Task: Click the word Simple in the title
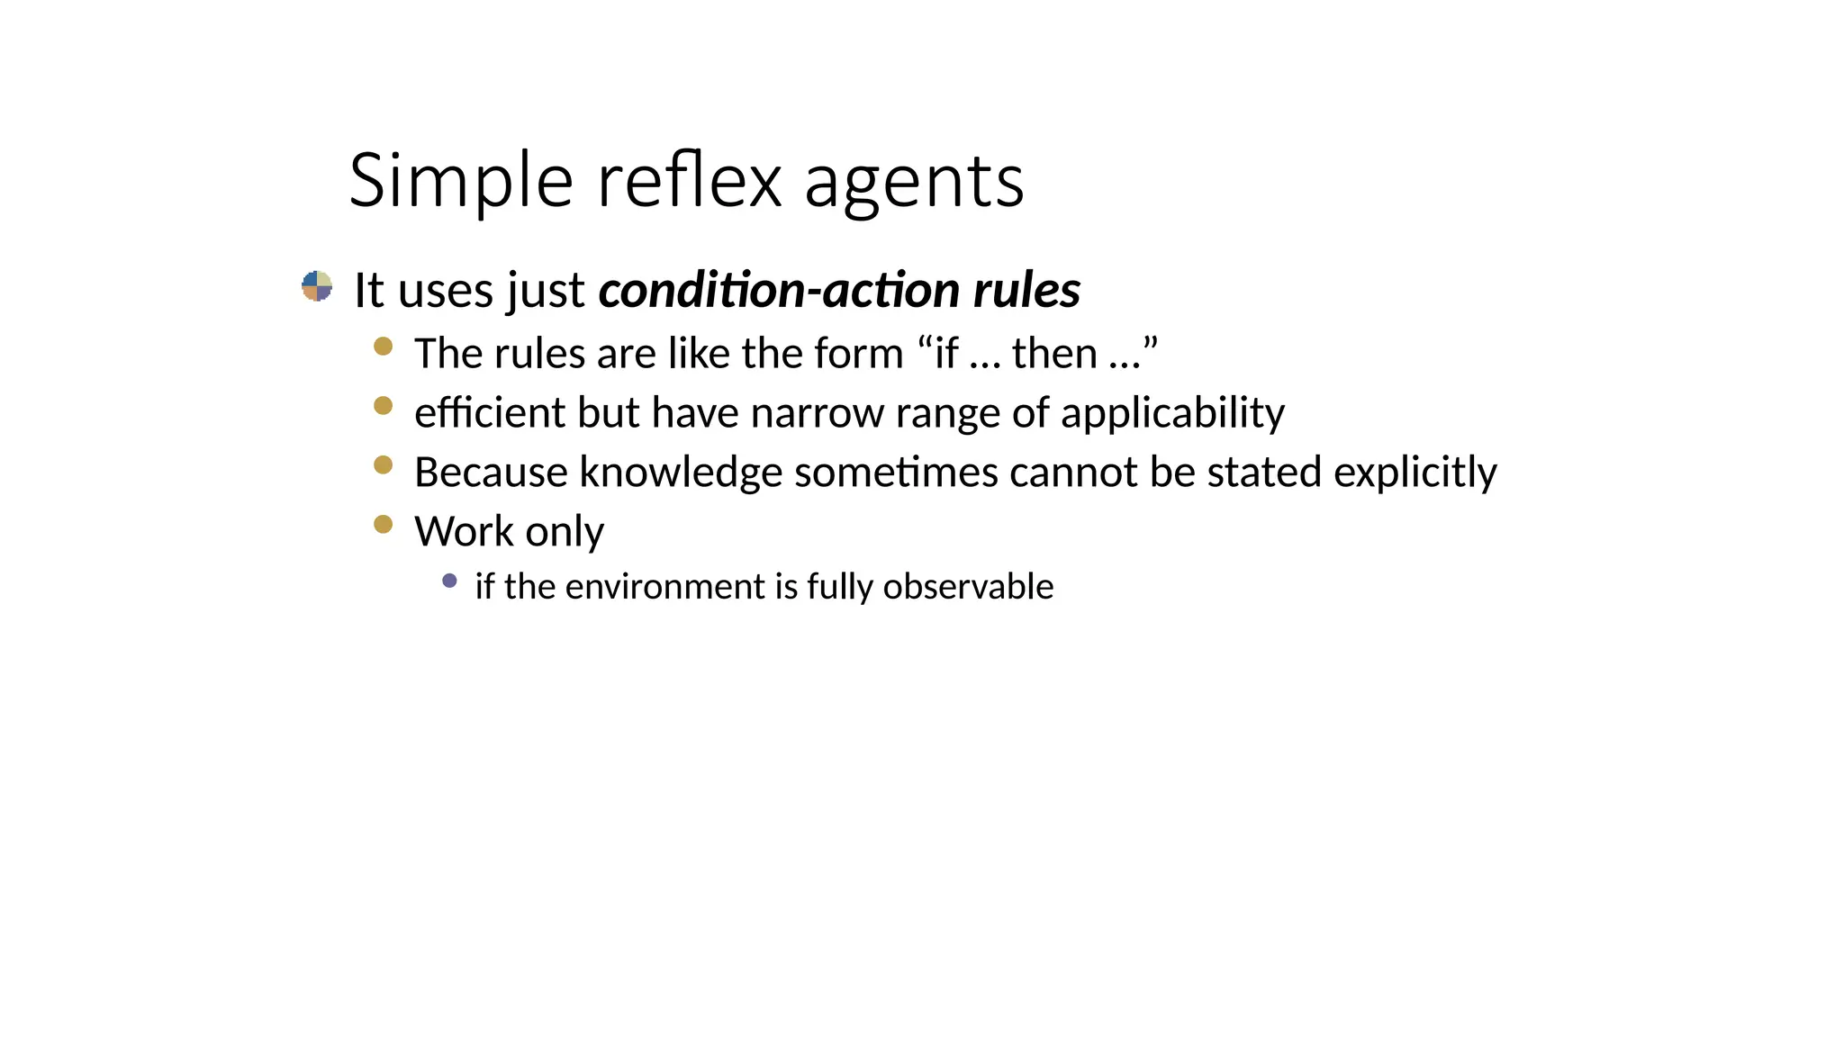point(460,181)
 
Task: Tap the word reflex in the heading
point(689,181)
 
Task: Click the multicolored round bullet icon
point(317,286)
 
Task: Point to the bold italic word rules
point(1026,290)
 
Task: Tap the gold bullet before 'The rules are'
point(384,347)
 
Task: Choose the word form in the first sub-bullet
point(858,353)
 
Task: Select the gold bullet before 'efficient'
point(384,406)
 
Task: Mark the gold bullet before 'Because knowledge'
point(384,465)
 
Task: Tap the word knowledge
point(681,473)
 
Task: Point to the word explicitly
point(1415,473)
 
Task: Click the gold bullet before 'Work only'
point(384,524)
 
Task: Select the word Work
point(464,531)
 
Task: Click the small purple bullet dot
point(450,581)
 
